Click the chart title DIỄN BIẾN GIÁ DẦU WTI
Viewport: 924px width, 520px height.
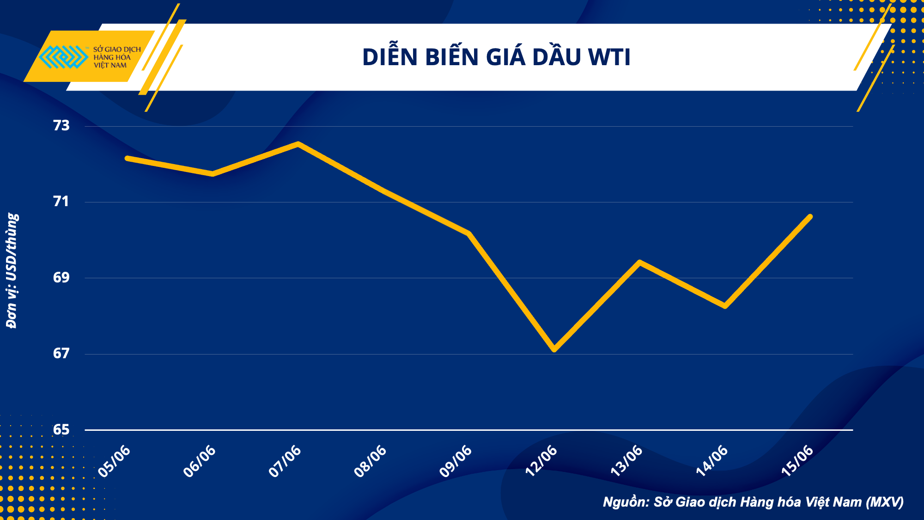coord(496,57)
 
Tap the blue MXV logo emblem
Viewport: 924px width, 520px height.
coord(63,57)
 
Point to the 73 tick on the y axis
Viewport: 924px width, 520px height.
coord(61,126)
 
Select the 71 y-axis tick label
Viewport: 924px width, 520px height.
coord(61,202)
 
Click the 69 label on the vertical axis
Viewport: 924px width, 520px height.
coord(61,278)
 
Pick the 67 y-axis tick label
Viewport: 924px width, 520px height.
coord(61,354)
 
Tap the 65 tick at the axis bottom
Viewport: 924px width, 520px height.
coord(61,430)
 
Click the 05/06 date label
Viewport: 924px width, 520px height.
coord(115,461)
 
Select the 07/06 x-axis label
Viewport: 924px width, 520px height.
coord(285,461)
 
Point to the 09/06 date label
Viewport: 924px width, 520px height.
coord(456,461)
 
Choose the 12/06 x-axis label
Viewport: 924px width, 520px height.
coord(541,461)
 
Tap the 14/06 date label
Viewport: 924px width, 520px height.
coord(712,461)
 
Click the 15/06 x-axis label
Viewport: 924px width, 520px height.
coord(797,461)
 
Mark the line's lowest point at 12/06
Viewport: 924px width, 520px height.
coord(554,350)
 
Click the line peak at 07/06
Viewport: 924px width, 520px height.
coord(298,144)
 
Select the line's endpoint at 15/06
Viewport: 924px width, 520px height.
coord(810,216)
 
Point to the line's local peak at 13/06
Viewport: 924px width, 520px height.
coord(640,263)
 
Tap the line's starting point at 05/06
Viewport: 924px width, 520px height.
coord(127,158)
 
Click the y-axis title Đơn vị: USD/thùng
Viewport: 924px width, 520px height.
coord(12,270)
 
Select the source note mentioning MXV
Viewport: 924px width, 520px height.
coord(753,502)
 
